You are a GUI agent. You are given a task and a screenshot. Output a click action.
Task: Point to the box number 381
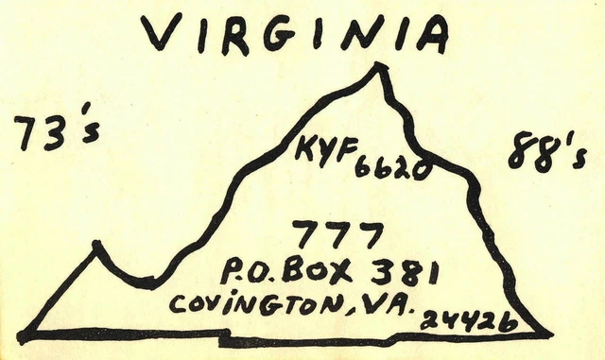[x=404, y=272]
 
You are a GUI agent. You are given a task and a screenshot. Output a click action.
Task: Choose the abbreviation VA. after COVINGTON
[x=378, y=303]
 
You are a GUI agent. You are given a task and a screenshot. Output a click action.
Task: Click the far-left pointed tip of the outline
[x=21, y=334]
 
